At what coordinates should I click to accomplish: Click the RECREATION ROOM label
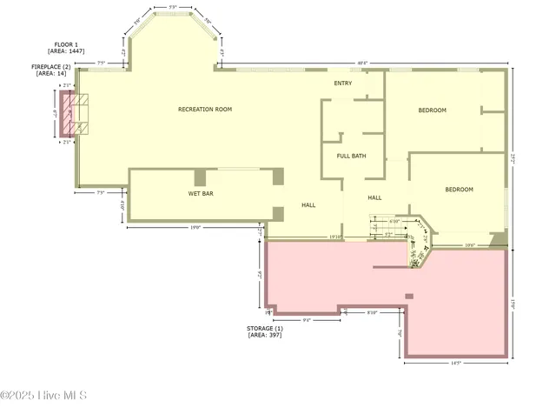click(x=205, y=110)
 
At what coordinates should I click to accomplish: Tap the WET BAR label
click(x=201, y=193)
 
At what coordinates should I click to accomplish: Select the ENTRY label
click(x=343, y=83)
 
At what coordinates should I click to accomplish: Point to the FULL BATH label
click(x=352, y=156)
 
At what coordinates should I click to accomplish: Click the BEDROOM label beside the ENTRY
click(x=432, y=110)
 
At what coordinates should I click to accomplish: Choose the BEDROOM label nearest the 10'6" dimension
click(x=460, y=190)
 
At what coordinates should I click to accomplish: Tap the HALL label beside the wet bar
click(x=308, y=205)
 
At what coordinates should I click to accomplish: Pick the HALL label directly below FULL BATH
click(x=374, y=197)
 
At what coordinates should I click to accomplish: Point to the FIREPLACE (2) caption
click(x=51, y=66)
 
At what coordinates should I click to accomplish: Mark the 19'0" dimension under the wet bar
click(x=195, y=227)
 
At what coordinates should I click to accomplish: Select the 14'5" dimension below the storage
click(x=455, y=364)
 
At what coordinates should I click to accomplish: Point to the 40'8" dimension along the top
click(x=362, y=63)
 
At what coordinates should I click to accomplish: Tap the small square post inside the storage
click(x=408, y=296)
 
